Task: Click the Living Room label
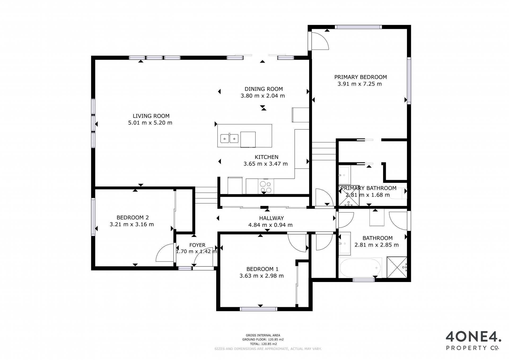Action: click(x=151, y=116)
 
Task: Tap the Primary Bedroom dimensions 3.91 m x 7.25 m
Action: click(x=359, y=84)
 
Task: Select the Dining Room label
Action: click(x=264, y=89)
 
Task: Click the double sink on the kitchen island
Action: click(x=229, y=138)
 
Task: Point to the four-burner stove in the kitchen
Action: click(x=266, y=186)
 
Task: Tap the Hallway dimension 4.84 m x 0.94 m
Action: click(x=270, y=225)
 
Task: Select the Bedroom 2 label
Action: click(x=133, y=218)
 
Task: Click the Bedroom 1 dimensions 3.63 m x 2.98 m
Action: click(x=261, y=276)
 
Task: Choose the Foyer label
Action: click(x=197, y=245)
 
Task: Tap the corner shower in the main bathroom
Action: click(x=397, y=267)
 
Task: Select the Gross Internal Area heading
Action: click(x=263, y=335)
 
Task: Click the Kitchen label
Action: click(x=266, y=157)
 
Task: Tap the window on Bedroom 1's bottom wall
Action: click(x=258, y=309)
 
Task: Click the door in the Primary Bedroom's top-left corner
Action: click(x=319, y=41)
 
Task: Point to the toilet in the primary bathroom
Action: click(x=398, y=193)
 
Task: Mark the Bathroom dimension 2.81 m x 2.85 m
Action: click(x=376, y=245)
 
